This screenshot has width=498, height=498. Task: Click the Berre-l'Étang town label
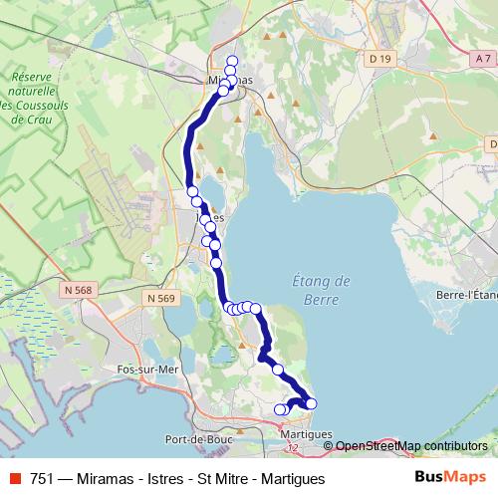point(466,295)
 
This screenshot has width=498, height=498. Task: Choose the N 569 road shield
point(157,298)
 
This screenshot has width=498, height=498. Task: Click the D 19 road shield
point(378,59)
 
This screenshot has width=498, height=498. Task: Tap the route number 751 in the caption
point(42,478)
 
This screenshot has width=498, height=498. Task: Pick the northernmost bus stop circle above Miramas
point(232,62)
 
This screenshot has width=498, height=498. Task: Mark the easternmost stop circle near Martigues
point(311,403)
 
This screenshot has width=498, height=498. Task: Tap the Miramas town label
point(230,80)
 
